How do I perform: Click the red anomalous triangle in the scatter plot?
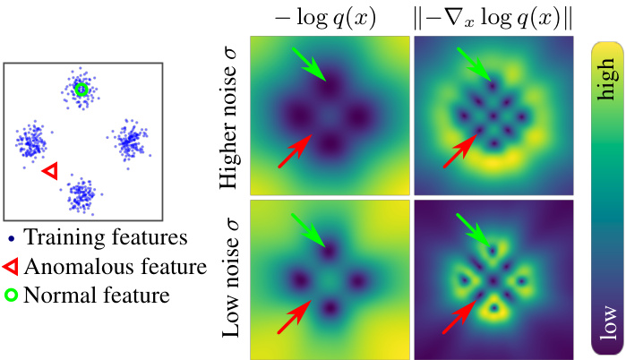coord(50,170)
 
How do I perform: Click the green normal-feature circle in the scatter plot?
coord(81,89)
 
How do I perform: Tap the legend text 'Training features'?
coord(105,238)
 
